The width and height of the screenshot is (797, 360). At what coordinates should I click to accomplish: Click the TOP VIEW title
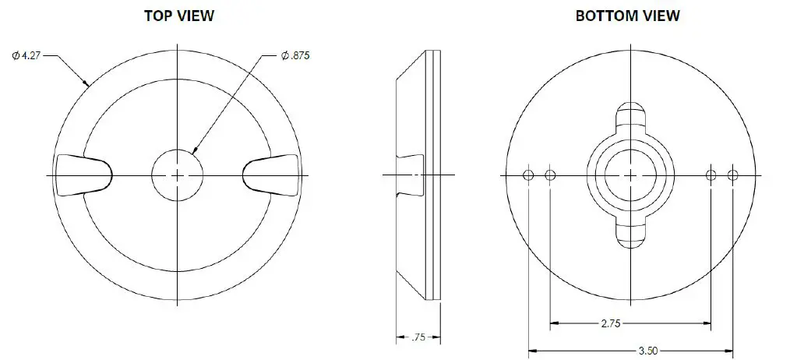[x=178, y=16]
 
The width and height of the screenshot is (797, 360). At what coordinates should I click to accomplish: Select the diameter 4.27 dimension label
[x=28, y=55]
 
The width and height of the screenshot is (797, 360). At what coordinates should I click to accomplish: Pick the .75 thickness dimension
[x=419, y=337]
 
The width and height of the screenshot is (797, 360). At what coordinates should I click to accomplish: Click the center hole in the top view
[x=178, y=175]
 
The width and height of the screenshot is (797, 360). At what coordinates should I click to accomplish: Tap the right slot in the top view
[x=272, y=175]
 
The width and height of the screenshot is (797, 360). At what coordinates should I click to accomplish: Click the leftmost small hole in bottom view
[x=528, y=175]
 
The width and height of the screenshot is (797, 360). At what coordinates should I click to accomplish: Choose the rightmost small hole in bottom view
[x=732, y=175]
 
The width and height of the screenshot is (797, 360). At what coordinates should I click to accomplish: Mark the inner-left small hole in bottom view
[x=551, y=175]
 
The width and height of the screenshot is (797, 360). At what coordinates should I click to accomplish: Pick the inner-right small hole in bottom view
[x=711, y=175]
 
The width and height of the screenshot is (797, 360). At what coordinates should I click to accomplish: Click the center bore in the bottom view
[x=630, y=175]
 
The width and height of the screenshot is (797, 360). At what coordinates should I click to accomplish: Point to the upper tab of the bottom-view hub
[x=630, y=114]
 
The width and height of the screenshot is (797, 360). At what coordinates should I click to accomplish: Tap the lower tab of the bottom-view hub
[x=630, y=236]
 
